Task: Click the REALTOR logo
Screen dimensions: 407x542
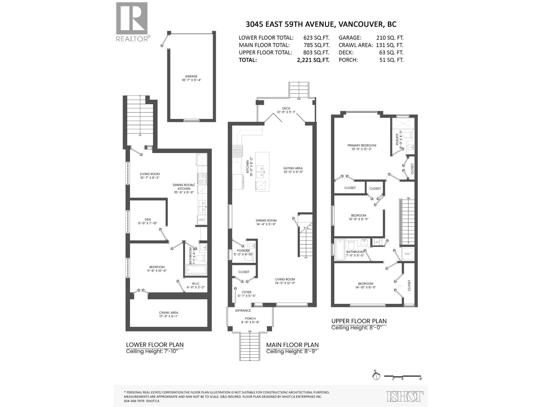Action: click(132, 22)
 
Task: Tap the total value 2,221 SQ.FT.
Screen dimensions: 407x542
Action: click(313, 60)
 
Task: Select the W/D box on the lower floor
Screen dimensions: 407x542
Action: click(202, 220)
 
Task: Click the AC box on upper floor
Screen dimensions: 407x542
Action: click(377, 242)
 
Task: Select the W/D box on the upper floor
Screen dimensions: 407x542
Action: click(407, 254)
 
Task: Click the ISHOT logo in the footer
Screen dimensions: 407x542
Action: click(405, 396)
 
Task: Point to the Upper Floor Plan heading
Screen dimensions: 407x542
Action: click(359, 321)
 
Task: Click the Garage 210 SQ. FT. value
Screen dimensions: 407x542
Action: click(390, 38)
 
